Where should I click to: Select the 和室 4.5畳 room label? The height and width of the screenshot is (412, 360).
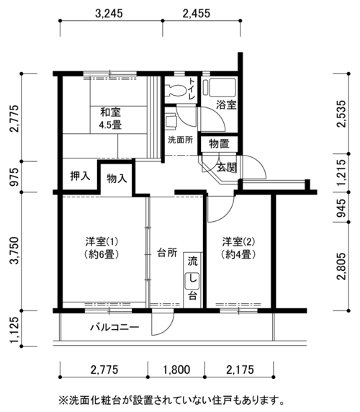(110, 118)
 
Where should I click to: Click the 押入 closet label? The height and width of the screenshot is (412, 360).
(80, 176)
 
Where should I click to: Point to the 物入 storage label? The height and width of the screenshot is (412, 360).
(117, 179)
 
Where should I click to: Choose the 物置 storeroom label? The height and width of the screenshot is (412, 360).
(220, 144)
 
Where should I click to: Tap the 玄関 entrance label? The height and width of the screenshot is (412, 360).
(227, 167)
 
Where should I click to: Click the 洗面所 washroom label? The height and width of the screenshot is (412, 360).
(181, 140)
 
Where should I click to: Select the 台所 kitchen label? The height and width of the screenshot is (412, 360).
(167, 253)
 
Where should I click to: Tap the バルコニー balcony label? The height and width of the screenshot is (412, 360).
(114, 328)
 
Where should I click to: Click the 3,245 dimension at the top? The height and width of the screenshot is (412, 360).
(109, 14)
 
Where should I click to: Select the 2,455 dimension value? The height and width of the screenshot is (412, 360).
(197, 14)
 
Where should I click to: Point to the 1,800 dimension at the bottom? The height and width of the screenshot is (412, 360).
(176, 370)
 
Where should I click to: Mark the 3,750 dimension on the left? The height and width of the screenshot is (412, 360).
(14, 251)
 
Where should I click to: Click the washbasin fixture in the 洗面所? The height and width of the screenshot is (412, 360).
(171, 122)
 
